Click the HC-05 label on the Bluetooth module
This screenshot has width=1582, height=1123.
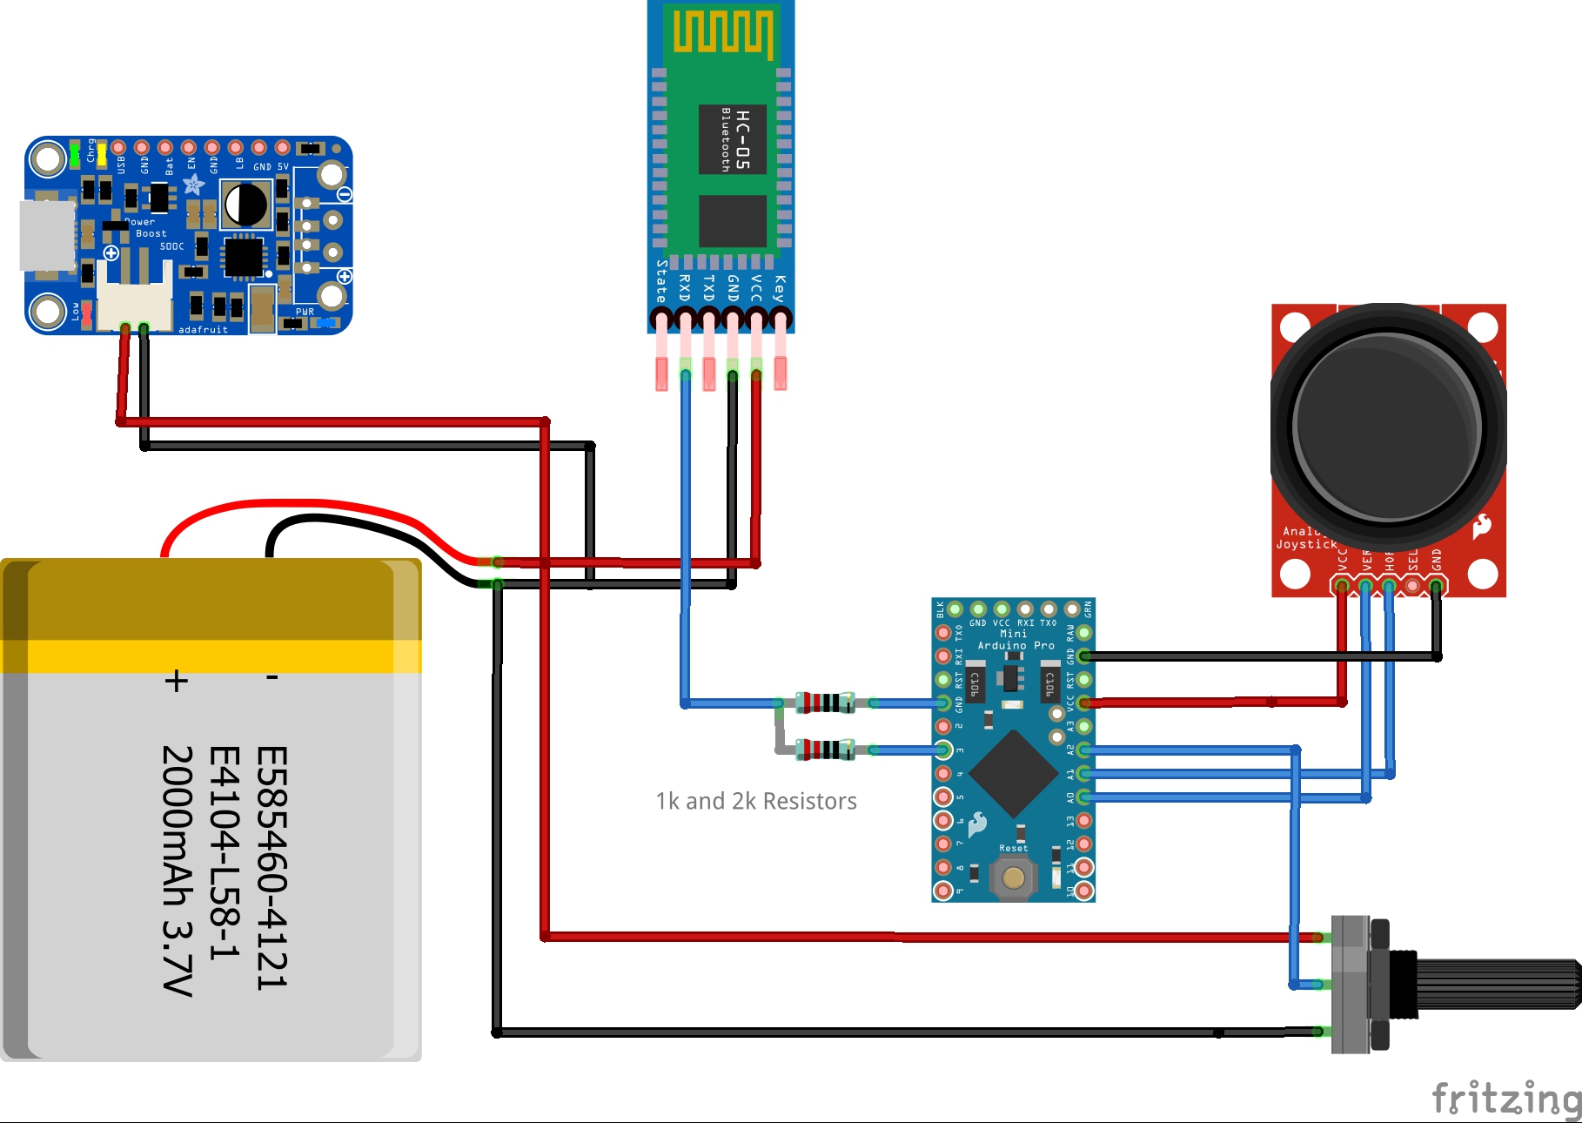tap(741, 139)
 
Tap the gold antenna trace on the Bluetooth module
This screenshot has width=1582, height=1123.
tap(721, 32)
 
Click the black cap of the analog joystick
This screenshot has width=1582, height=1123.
tap(1387, 424)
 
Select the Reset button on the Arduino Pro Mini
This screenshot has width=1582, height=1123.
tap(1013, 877)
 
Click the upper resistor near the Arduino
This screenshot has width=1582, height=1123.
tap(824, 703)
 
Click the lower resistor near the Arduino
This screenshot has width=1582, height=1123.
tap(824, 749)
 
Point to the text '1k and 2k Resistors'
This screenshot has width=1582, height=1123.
tap(755, 801)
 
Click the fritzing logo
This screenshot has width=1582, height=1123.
tap(1505, 1098)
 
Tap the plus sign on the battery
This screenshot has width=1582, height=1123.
tap(177, 680)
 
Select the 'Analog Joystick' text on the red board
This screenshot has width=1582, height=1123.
tap(1305, 538)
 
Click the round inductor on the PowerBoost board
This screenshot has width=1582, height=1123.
tap(246, 205)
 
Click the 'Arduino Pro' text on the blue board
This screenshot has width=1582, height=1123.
tap(1016, 645)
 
